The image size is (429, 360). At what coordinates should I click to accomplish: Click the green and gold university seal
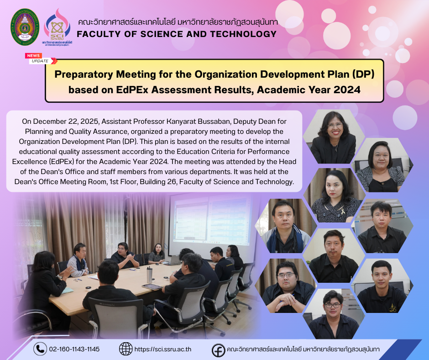(25, 27)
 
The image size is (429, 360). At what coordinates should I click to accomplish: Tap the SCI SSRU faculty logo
(57, 27)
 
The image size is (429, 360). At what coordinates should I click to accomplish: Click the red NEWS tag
(33, 56)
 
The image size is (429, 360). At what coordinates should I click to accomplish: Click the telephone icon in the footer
(40, 349)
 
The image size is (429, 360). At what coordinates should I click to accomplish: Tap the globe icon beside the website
(126, 349)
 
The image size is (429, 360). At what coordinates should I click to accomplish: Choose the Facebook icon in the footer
(219, 350)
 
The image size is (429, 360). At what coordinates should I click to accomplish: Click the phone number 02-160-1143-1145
(74, 349)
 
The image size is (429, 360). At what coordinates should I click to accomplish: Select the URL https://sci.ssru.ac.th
(163, 349)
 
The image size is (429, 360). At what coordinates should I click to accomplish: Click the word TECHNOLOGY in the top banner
(243, 34)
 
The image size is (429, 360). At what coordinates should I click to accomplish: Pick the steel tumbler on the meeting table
(149, 275)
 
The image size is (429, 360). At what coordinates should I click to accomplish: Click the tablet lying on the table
(152, 287)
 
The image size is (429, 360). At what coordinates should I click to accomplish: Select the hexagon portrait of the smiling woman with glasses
(334, 137)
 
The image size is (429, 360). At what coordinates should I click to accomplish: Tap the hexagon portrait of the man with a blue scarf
(286, 226)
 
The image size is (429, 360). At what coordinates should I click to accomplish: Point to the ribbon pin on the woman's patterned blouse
(343, 211)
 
